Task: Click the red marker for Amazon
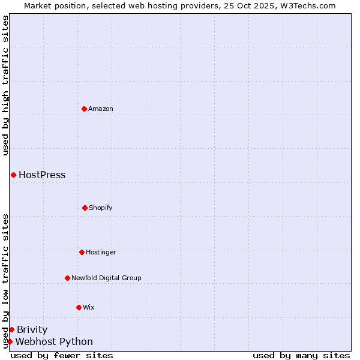point(84,109)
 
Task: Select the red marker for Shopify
point(85,208)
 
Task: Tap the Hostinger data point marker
point(82,252)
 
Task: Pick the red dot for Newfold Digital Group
point(67,278)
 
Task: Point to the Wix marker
point(79,307)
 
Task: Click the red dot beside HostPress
point(13,175)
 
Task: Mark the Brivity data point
point(11,329)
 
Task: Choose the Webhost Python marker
point(10,341)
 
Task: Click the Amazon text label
point(101,109)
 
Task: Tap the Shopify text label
point(101,208)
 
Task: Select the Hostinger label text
point(101,252)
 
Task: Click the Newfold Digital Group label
point(106,278)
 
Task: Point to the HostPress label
point(42,175)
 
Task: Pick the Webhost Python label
point(54,342)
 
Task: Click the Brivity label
point(32,330)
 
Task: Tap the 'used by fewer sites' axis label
point(62,356)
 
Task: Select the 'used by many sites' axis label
point(301,356)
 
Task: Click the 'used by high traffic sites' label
point(5,85)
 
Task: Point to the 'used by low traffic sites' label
point(5,281)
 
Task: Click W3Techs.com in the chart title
point(305,5)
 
